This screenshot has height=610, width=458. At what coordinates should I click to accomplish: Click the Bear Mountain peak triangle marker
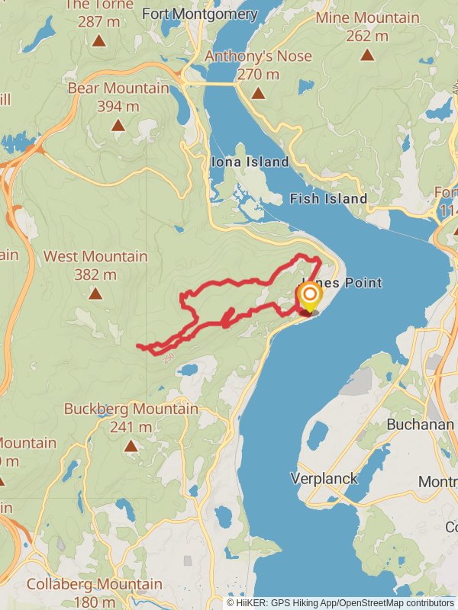point(118,126)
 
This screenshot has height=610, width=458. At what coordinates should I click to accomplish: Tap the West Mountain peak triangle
point(95,294)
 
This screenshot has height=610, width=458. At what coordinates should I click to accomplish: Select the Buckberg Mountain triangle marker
point(131,446)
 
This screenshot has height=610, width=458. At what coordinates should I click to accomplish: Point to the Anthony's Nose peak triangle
point(258,93)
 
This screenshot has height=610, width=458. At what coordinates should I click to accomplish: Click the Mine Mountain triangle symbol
point(367,54)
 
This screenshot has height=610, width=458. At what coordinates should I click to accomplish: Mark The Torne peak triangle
point(98,40)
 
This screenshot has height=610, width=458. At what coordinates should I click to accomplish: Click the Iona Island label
point(250,162)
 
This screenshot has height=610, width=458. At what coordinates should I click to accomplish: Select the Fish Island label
point(328,199)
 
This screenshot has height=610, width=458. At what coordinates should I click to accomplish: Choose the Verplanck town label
point(324,479)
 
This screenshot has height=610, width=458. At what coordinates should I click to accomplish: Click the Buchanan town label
point(420,425)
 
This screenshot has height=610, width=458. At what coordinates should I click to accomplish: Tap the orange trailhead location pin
point(309,297)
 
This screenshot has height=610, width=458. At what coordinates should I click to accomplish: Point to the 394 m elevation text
point(118,106)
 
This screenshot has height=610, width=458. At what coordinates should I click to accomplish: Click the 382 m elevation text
point(95,274)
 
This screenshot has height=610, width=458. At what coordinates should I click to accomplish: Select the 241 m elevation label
point(131,427)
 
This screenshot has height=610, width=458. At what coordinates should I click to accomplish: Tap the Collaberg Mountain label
point(95,585)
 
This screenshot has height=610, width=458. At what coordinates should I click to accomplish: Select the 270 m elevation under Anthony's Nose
point(258,74)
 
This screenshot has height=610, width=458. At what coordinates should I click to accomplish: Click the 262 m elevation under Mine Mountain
point(367,35)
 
